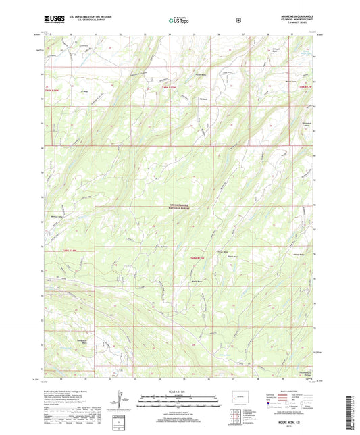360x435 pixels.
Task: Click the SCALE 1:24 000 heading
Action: point(178,392)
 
